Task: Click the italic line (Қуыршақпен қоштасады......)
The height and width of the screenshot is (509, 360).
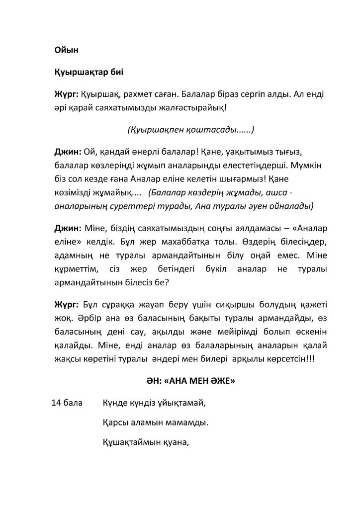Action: pos(191,130)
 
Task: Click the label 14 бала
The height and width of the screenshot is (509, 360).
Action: pos(68,403)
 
